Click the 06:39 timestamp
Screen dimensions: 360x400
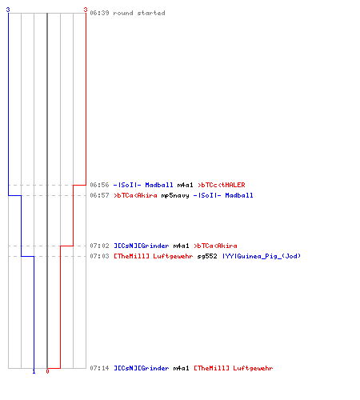point(99,13)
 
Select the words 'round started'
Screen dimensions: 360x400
point(139,13)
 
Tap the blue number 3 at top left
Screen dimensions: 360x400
point(8,10)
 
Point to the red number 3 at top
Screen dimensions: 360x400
point(86,10)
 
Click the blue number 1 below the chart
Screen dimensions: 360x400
point(34,371)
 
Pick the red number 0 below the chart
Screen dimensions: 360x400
point(47,371)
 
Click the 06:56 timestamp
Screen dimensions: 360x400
point(99,185)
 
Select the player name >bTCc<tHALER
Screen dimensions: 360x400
point(222,185)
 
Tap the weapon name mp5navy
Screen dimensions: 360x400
point(175,195)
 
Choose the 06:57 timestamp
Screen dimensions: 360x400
point(99,195)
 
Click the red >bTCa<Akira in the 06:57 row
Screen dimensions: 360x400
point(135,195)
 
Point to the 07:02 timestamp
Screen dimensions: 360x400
point(99,246)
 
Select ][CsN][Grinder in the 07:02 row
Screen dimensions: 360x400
point(142,246)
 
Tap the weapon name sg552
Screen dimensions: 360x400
point(207,256)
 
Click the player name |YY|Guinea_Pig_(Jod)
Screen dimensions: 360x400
point(262,256)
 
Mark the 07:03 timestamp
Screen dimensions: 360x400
point(99,256)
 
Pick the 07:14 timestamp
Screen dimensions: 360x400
point(99,368)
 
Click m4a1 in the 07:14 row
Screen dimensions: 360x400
point(181,368)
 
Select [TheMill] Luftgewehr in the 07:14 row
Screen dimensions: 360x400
point(234,368)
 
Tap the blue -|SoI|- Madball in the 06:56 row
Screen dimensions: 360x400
point(143,185)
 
